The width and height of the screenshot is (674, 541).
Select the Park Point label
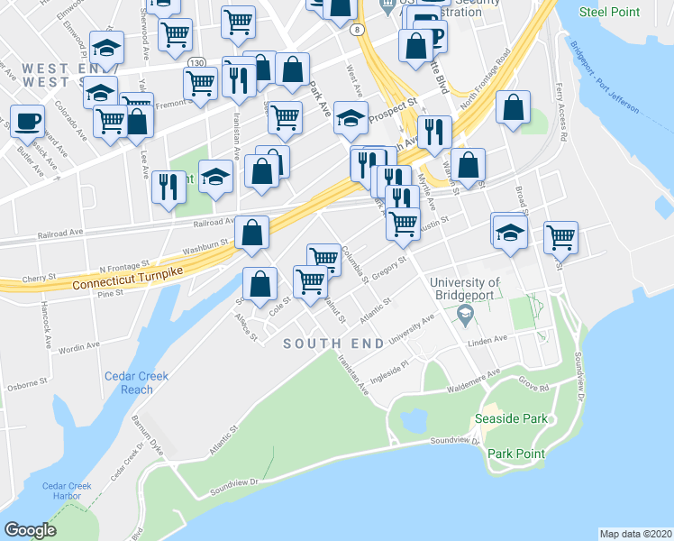515,454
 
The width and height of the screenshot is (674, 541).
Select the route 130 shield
196,61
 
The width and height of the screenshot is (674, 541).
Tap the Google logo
30,529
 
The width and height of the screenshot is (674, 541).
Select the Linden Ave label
487,340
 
